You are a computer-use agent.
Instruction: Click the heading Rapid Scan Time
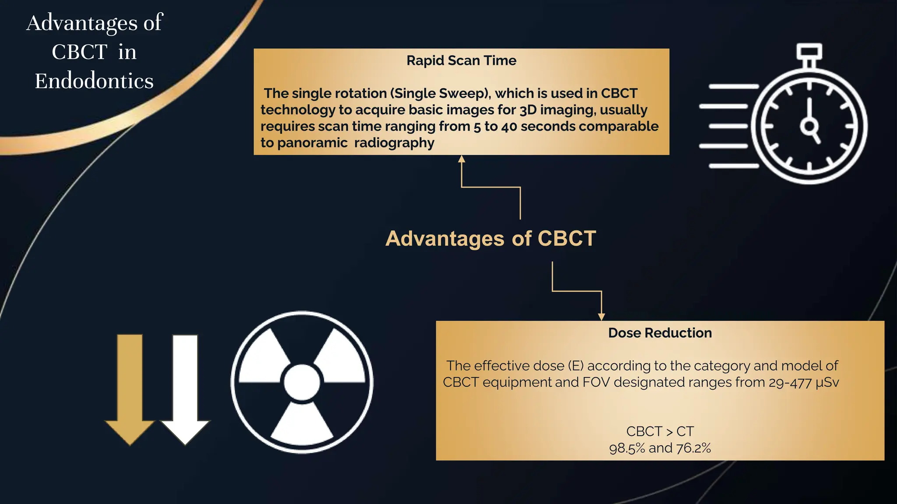[461, 60]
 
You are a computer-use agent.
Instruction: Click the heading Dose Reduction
[660, 333]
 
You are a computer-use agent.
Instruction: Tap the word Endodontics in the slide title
[94, 81]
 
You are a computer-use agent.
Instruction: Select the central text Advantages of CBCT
[491, 239]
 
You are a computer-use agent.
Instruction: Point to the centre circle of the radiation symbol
[302, 382]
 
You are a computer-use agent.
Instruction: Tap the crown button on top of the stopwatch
[809, 52]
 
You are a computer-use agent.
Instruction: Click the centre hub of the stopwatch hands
[809, 126]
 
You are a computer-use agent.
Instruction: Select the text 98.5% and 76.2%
[660, 448]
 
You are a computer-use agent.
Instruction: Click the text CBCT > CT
[660, 431]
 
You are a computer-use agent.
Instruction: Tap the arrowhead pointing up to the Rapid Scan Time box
[461, 159]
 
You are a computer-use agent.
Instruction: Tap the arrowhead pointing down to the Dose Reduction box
[601, 316]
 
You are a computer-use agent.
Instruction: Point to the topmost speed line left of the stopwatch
[734, 87]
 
